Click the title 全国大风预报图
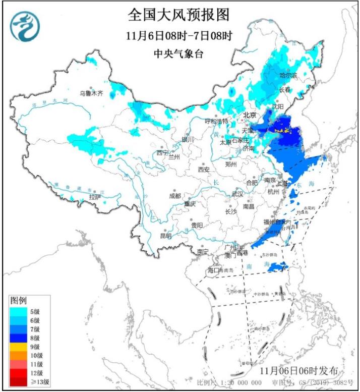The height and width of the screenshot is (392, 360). click(x=178, y=15)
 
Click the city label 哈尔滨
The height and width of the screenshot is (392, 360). click(x=288, y=75)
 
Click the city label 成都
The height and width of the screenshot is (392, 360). click(x=175, y=196)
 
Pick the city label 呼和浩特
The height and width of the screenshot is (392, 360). click(x=216, y=121)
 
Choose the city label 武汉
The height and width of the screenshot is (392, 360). click(x=237, y=194)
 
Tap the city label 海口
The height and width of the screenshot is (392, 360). click(x=214, y=271)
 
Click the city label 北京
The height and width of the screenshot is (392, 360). click(x=250, y=115)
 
